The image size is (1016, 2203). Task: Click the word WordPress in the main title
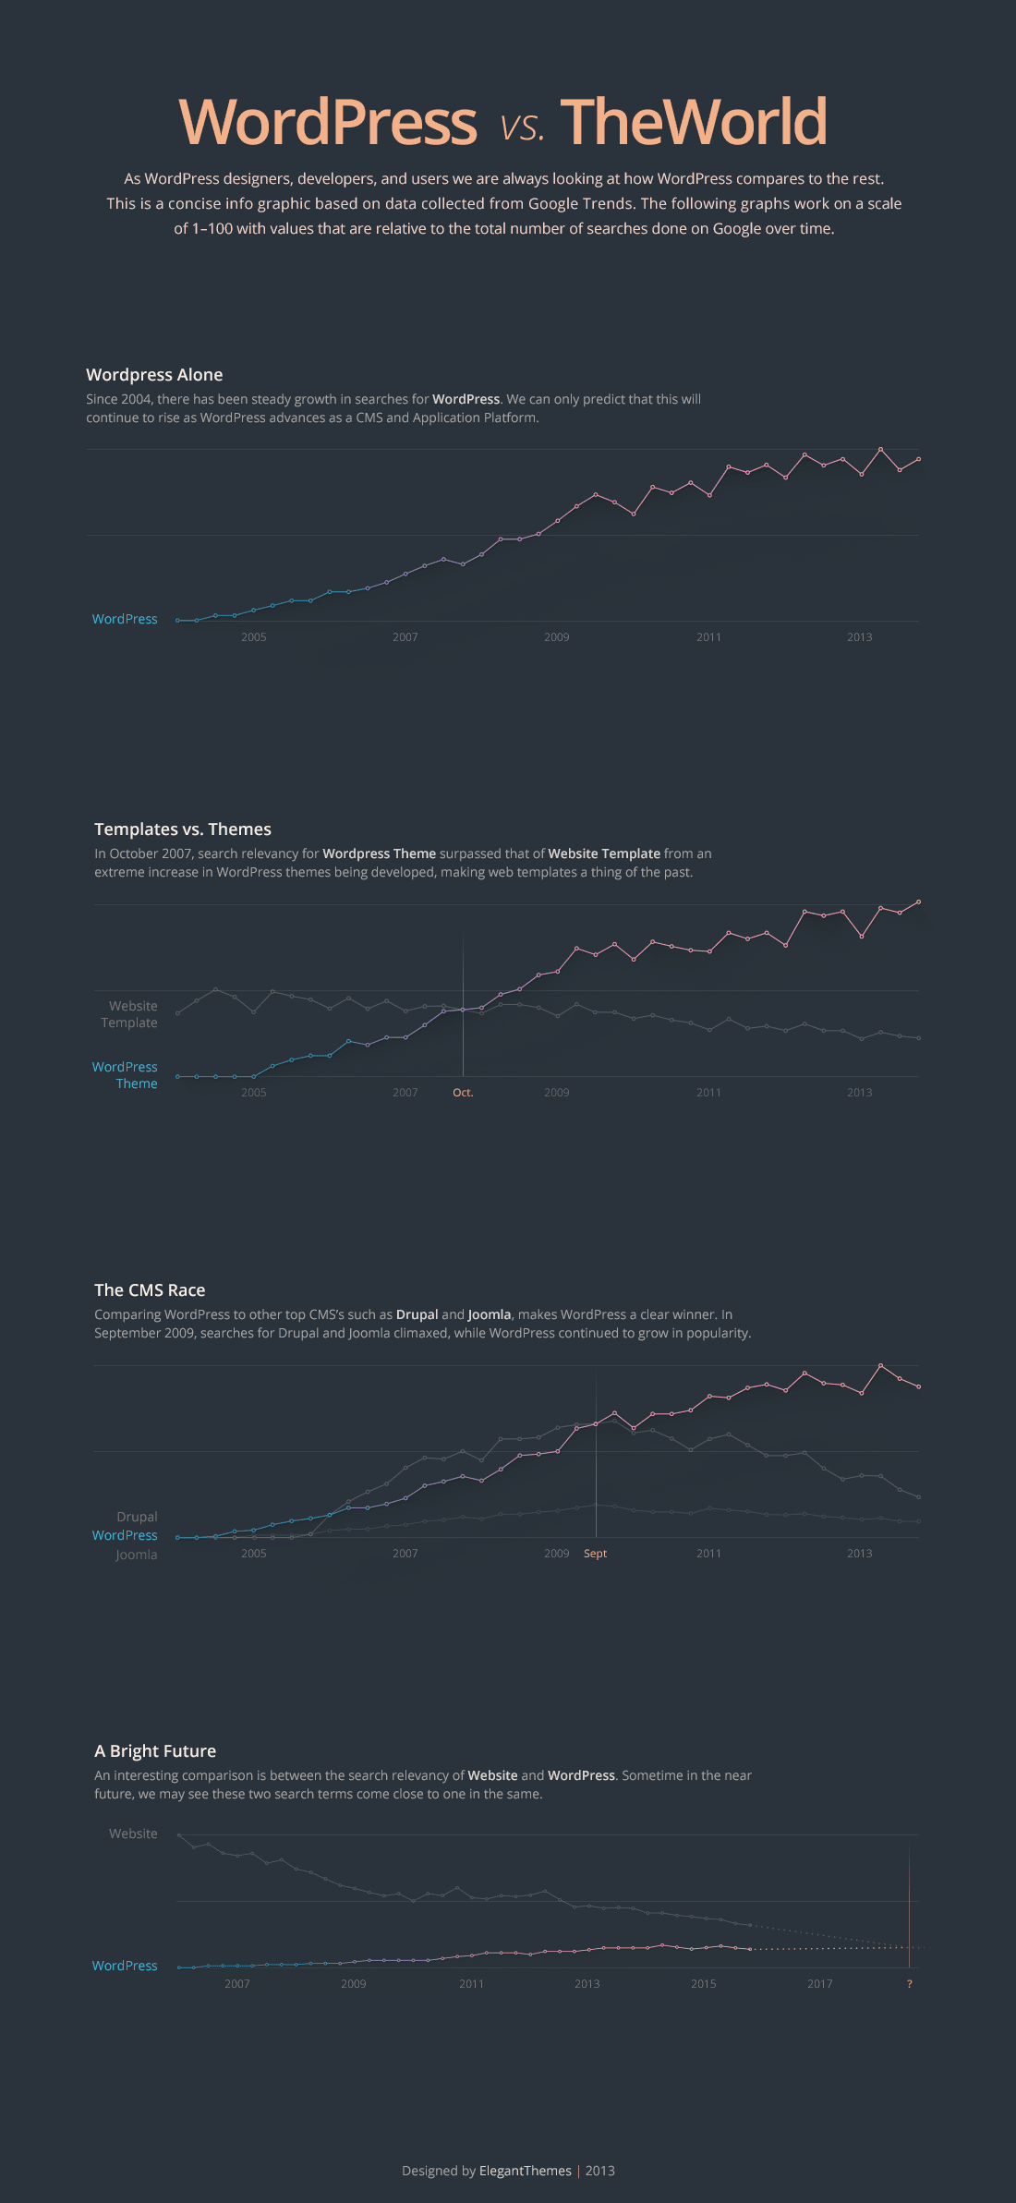click(x=327, y=122)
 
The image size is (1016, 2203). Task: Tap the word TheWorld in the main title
click(x=694, y=122)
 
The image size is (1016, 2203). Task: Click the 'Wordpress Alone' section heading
click(x=154, y=375)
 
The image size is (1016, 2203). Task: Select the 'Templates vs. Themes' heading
click(x=183, y=829)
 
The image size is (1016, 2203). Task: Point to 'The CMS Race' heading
click(x=150, y=1290)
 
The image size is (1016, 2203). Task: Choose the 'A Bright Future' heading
click(x=155, y=1751)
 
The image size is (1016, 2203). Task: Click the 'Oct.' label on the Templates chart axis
click(x=463, y=1093)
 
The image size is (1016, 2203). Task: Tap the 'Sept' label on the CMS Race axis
click(x=595, y=1554)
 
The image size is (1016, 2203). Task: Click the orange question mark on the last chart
click(x=910, y=1984)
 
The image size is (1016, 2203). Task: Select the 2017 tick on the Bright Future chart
click(x=819, y=1984)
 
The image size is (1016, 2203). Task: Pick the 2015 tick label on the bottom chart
click(x=703, y=1984)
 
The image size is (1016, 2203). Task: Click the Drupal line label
click(x=137, y=1517)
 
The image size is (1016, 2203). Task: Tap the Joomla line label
click(x=136, y=1555)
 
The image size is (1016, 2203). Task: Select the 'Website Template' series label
click(x=130, y=1014)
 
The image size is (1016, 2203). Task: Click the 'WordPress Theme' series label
click(x=126, y=1075)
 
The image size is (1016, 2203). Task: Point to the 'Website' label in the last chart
click(x=133, y=1834)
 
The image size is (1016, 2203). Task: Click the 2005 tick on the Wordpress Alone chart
click(x=254, y=637)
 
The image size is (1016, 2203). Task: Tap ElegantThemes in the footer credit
click(x=525, y=2171)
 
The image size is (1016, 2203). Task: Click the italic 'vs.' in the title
click(x=522, y=127)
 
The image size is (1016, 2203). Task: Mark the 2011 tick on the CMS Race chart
click(x=708, y=1554)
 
